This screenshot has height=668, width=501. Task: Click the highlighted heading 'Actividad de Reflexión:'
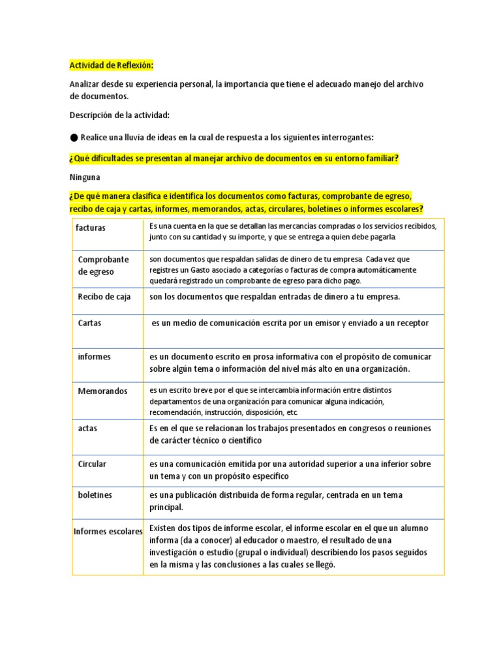click(x=111, y=65)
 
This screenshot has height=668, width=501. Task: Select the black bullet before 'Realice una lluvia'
click(x=74, y=137)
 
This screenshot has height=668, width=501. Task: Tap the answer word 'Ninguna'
click(x=85, y=177)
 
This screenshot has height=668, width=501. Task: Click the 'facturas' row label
click(x=91, y=228)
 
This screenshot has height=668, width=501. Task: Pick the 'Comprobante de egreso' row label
click(x=103, y=265)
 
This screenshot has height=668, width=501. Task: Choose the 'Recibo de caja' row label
click(x=104, y=297)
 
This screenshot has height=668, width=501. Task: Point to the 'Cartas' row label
click(x=89, y=323)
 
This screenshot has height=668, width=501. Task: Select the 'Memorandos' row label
click(x=102, y=391)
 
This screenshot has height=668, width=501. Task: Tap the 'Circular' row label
click(x=92, y=464)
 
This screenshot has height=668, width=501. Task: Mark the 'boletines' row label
click(x=95, y=495)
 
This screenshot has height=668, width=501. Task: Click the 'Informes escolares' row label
click(x=108, y=532)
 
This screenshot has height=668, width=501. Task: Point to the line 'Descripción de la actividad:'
click(x=119, y=115)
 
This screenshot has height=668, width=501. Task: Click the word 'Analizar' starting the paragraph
click(x=86, y=84)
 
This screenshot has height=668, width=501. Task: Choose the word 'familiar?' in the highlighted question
click(x=378, y=159)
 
